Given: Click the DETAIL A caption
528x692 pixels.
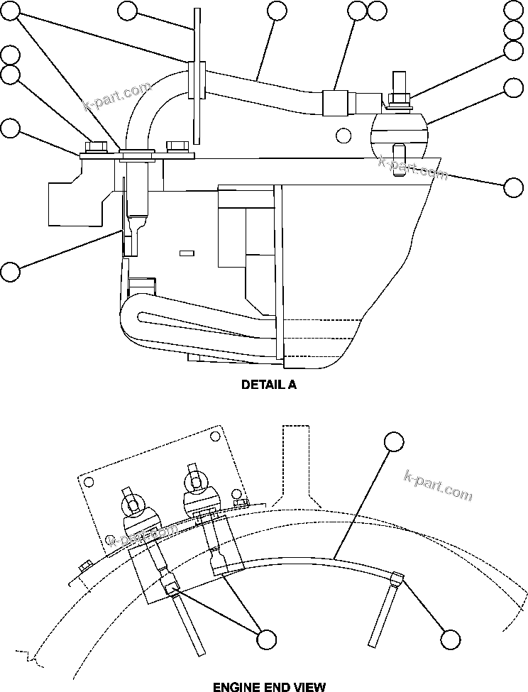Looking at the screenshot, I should coord(268,385).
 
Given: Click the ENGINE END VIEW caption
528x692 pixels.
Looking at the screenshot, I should coord(269,686).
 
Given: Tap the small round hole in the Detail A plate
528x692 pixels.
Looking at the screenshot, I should coord(343,135).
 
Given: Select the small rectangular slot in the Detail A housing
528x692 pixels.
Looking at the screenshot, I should coord(187,253).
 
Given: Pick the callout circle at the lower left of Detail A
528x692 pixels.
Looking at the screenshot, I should coord(11,271).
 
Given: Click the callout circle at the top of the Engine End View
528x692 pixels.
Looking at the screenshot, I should coord(394,441).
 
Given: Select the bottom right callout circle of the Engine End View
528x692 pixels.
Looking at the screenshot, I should coord(450,639).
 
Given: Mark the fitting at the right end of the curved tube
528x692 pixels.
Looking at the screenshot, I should coord(397,579).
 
